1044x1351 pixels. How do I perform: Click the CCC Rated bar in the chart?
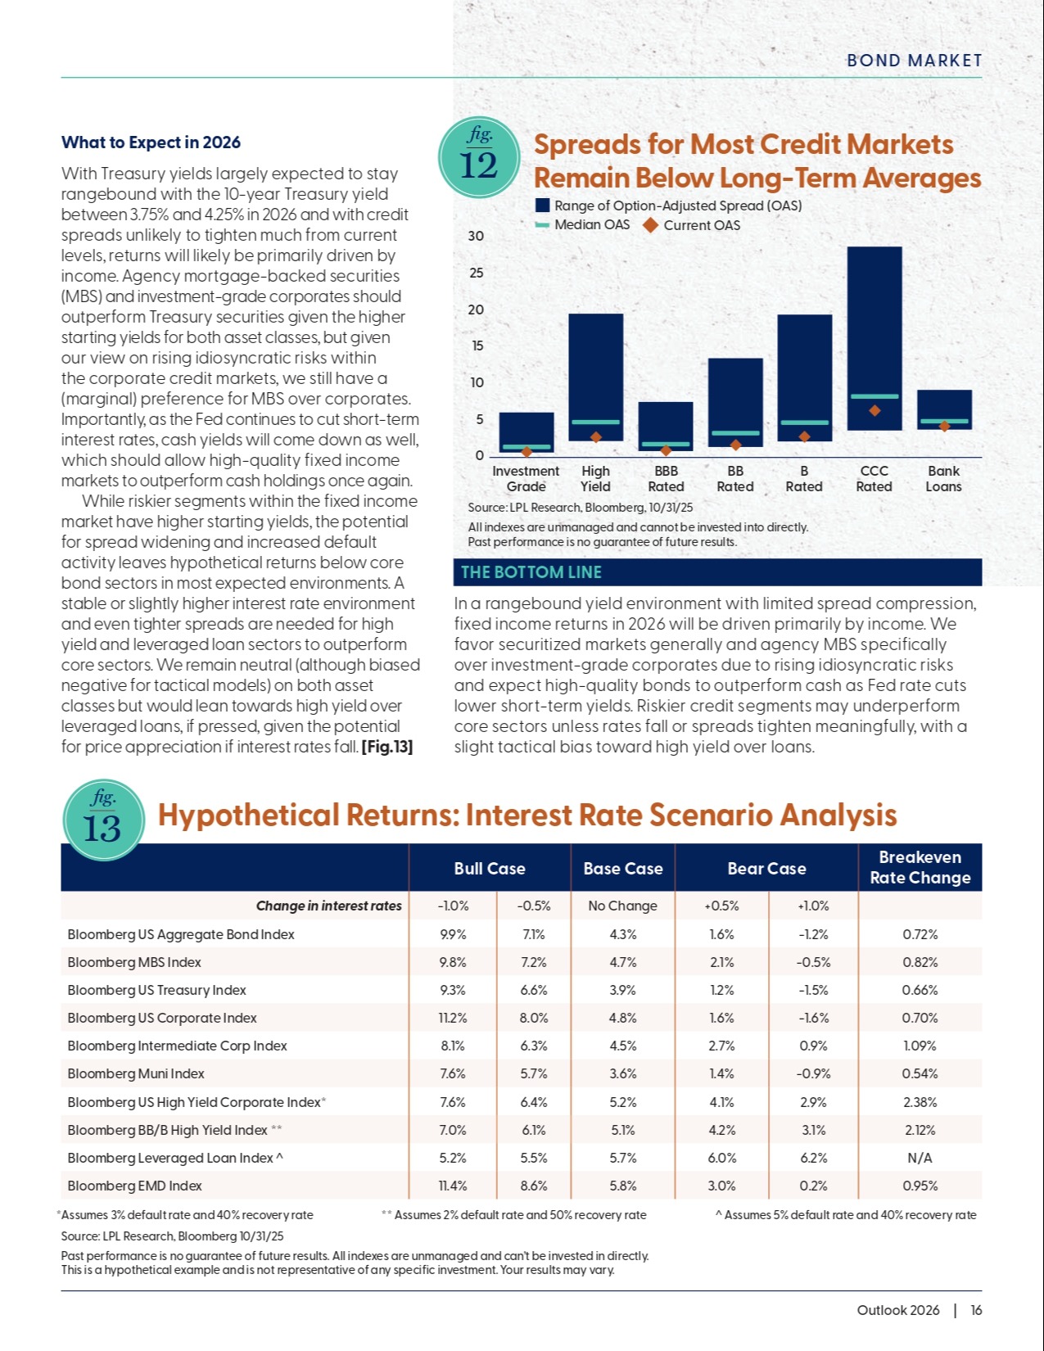tap(874, 337)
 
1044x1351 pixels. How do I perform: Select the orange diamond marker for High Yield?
tap(596, 437)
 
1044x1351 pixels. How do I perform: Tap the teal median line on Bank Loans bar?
tap(944, 421)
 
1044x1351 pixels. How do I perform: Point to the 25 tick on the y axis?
tap(476, 273)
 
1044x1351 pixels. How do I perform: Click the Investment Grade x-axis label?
tap(526, 478)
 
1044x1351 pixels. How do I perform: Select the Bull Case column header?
tap(490, 869)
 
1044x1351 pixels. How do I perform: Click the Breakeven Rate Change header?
tap(920, 868)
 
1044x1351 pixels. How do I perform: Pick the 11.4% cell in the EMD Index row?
tap(453, 1186)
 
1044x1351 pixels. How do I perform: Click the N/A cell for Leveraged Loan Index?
tap(920, 1158)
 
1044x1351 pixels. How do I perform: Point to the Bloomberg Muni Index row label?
tap(136, 1073)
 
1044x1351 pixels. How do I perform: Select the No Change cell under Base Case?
tap(622, 906)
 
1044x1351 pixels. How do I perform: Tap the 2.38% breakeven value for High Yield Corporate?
tap(920, 1102)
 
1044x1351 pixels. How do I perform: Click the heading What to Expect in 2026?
tap(151, 142)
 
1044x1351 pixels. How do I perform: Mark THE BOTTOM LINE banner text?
tap(531, 572)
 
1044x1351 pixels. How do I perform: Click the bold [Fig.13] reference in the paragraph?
tap(386, 747)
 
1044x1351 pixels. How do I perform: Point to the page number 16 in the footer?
tap(976, 1310)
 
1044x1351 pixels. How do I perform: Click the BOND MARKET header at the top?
tap(914, 61)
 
